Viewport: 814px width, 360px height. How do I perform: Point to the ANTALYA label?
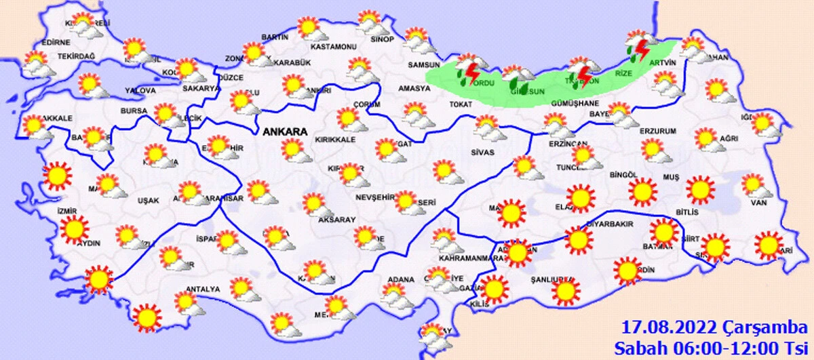click(203, 289)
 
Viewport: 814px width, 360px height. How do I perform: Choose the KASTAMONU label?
click(333, 47)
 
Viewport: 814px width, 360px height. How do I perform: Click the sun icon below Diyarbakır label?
click(578, 240)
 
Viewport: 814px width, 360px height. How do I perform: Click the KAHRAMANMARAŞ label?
click(468, 258)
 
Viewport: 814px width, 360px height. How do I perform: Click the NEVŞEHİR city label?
click(374, 197)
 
